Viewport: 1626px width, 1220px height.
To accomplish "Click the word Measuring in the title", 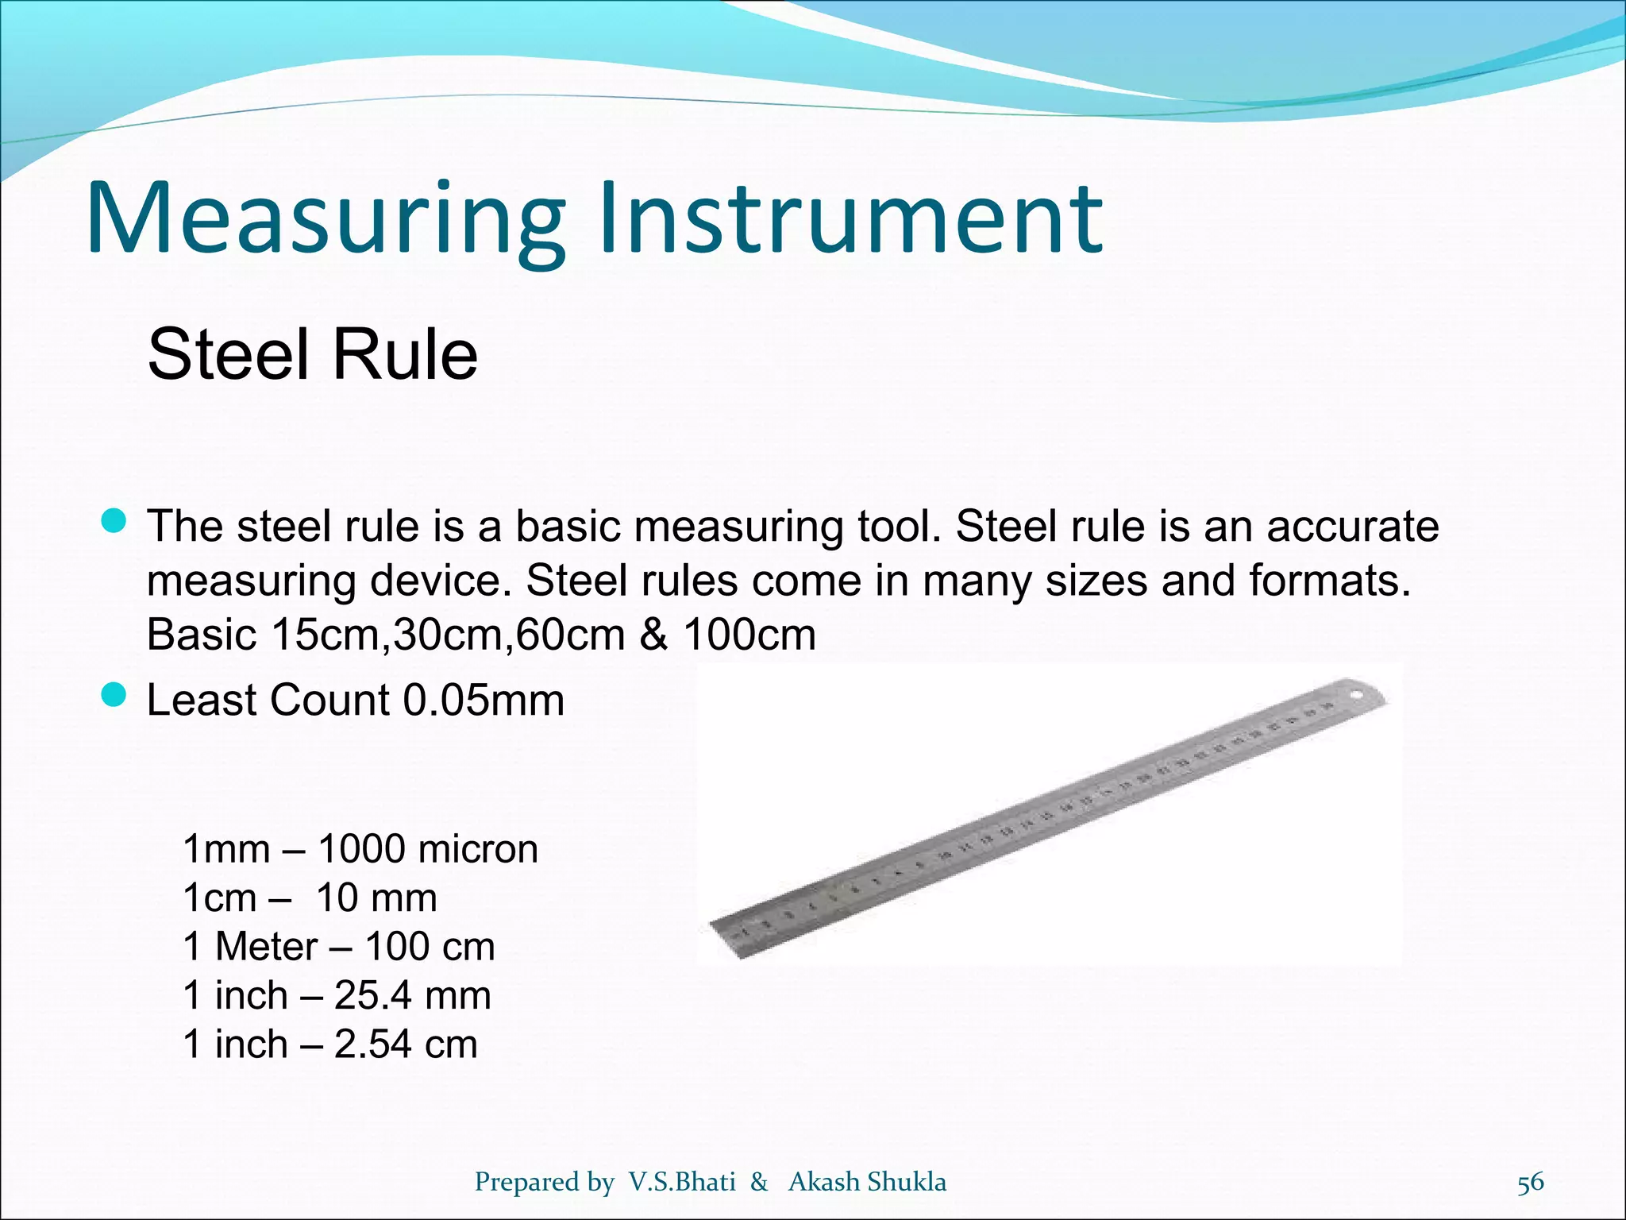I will pos(326,218).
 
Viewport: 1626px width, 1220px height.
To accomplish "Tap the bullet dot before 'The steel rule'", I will pos(114,522).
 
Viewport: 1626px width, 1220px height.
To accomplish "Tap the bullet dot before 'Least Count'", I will pos(114,696).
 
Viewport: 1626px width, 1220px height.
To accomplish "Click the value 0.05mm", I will pos(484,701).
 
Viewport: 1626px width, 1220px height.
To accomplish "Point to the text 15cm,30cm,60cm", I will pos(448,635).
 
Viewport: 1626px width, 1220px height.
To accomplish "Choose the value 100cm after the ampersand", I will pos(749,635).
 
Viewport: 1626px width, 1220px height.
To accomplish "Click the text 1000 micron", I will pos(428,849).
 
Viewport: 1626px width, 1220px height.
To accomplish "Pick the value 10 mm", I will pos(376,898).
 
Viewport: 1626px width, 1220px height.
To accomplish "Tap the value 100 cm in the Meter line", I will pos(430,947).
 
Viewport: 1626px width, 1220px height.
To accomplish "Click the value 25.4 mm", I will pos(412,995).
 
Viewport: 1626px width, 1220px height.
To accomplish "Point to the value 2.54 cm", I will pos(406,1044).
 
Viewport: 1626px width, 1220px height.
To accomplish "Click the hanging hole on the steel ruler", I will pos(1357,697).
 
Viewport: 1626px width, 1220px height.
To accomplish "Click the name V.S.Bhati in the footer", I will pos(682,1182).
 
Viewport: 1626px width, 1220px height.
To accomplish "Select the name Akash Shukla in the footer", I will pos(867,1182).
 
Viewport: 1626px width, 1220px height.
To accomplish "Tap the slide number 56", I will pos(1530,1183).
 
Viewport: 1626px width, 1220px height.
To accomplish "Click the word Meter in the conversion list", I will pos(266,947).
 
